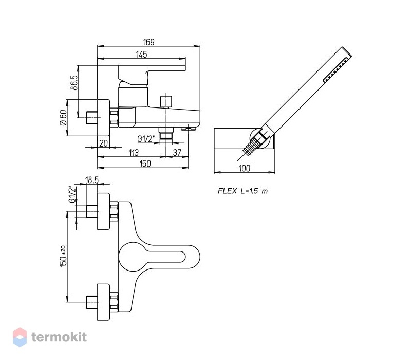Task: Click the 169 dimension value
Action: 148,42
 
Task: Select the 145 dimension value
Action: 142,55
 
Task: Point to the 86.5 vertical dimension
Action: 74,83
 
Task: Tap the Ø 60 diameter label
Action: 63,118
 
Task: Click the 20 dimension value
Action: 104,143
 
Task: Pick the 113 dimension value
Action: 134,153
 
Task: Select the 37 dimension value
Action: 177,153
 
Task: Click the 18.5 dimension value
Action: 92,180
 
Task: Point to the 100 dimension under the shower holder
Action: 245,168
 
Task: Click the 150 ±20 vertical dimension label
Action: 63,257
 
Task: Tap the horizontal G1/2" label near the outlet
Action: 146,139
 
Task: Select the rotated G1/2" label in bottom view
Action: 72,194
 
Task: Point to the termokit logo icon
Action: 20,337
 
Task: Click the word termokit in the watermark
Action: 59,337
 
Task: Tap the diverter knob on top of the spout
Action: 166,102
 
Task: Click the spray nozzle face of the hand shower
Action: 337,70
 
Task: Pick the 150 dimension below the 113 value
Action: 145,164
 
